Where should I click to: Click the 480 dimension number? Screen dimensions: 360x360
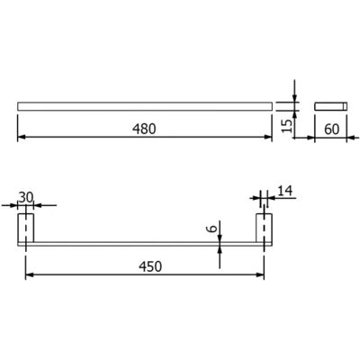pos(144,129)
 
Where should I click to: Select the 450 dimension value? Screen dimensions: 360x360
pos(150,266)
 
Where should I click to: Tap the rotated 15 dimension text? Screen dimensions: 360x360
pos(287,126)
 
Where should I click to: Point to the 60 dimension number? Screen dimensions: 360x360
pos(331,129)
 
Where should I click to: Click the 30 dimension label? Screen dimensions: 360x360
pos(27,197)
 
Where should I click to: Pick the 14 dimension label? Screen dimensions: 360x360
pos(284,191)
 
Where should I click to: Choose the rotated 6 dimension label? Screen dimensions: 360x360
pos(212,229)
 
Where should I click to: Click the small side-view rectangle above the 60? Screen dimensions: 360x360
pos(331,106)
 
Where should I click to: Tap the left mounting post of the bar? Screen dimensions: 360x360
pos(26,228)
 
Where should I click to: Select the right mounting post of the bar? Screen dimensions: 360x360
pos(264,228)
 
